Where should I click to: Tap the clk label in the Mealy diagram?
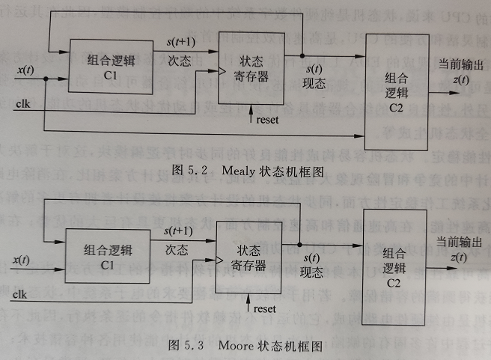22,105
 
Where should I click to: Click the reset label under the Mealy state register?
266,119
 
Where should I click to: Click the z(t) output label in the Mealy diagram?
460,80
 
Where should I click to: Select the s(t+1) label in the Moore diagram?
180,229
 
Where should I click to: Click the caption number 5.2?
199,170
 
